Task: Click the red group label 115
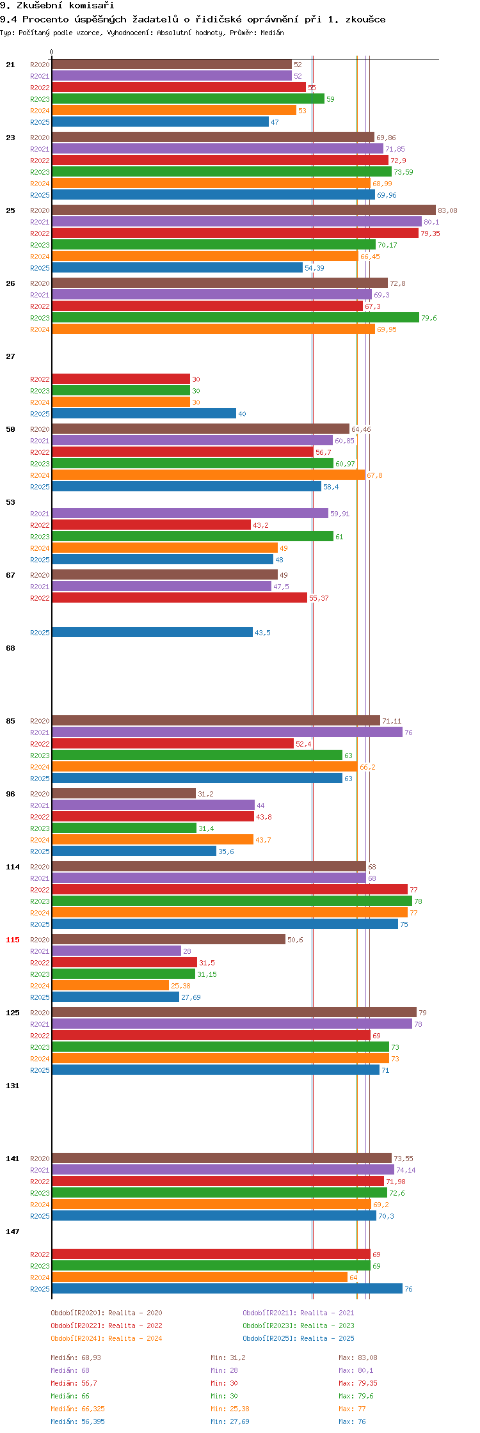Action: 13,940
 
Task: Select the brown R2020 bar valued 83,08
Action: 244,210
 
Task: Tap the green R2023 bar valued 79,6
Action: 236,317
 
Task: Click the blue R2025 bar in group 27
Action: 144,413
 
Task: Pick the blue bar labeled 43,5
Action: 152,632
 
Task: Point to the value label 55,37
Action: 319,598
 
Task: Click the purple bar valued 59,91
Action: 190,513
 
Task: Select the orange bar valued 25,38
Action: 111,985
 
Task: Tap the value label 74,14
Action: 406,1170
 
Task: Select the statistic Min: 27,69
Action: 230,1421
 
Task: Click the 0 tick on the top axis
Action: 52,52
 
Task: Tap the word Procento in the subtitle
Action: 44,19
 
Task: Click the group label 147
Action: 13,1231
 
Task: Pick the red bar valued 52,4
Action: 173,743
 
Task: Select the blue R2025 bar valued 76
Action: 227,1288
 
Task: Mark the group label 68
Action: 10,648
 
